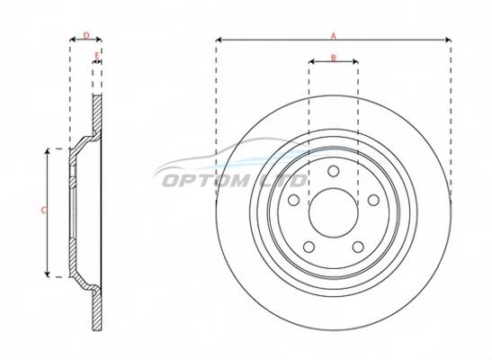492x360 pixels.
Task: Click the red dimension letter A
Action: pos(334,36)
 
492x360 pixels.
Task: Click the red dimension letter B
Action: pos(334,58)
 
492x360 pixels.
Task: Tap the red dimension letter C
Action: pos(43,211)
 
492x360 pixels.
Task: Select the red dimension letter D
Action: pos(86,35)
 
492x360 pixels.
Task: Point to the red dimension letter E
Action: pos(97,56)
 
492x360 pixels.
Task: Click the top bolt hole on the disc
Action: pos(333,171)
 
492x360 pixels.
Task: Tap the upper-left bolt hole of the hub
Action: pos(294,200)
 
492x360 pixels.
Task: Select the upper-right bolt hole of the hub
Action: pos(373,200)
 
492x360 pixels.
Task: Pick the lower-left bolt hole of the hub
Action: pos(309,247)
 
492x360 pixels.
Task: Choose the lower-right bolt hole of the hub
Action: pos(358,247)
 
